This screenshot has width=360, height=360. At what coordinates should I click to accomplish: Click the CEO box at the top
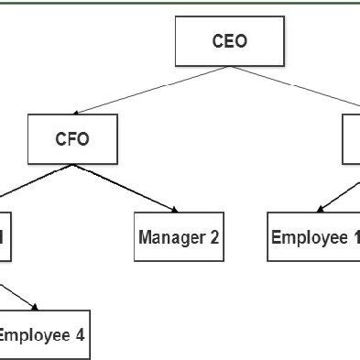click(229, 41)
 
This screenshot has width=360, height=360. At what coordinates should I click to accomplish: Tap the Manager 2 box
click(179, 237)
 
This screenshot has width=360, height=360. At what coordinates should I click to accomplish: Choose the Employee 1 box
click(314, 237)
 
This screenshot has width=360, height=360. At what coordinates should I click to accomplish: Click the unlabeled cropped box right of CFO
click(351, 139)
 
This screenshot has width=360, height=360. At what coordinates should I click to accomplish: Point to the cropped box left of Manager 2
click(5, 237)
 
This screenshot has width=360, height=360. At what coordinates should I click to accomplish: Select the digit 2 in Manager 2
click(214, 237)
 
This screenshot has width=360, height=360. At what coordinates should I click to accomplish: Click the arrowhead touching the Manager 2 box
click(171, 211)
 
